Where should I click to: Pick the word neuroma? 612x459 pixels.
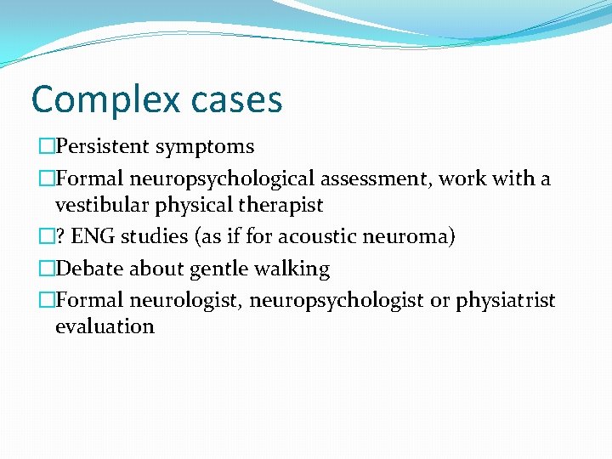click(x=411, y=236)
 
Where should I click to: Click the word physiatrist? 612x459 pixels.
click(x=506, y=301)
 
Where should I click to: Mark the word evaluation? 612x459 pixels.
click(x=105, y=326)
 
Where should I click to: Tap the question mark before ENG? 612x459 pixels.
click(x=63, y=236)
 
